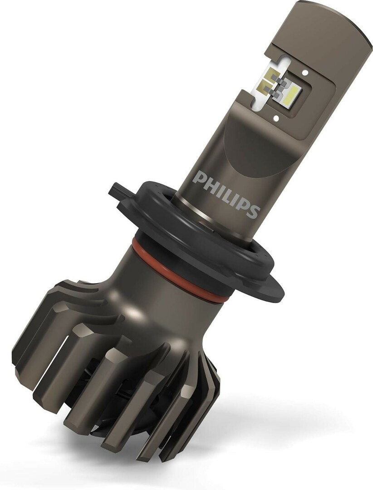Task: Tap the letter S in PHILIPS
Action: click(x=253, y=211)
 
